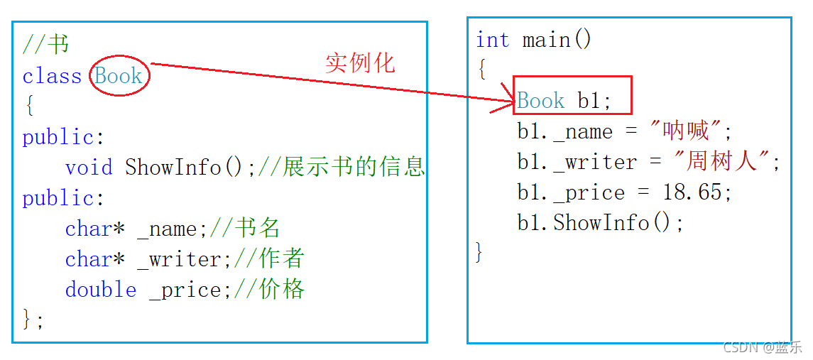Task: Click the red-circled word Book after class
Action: point(119,76)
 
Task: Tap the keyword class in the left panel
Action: point(52,76)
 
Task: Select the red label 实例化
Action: point(359,63)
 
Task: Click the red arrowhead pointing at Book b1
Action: point(506,105)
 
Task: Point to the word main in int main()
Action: point(547,40)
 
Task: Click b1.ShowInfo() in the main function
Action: point(600,223)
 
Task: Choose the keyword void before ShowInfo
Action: point(89,168)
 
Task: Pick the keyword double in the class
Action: point(101,290)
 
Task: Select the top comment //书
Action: point(46,45)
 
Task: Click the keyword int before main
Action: point(492,40)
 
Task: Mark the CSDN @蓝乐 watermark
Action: point(762,347)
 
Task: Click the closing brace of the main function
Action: point(479,251)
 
